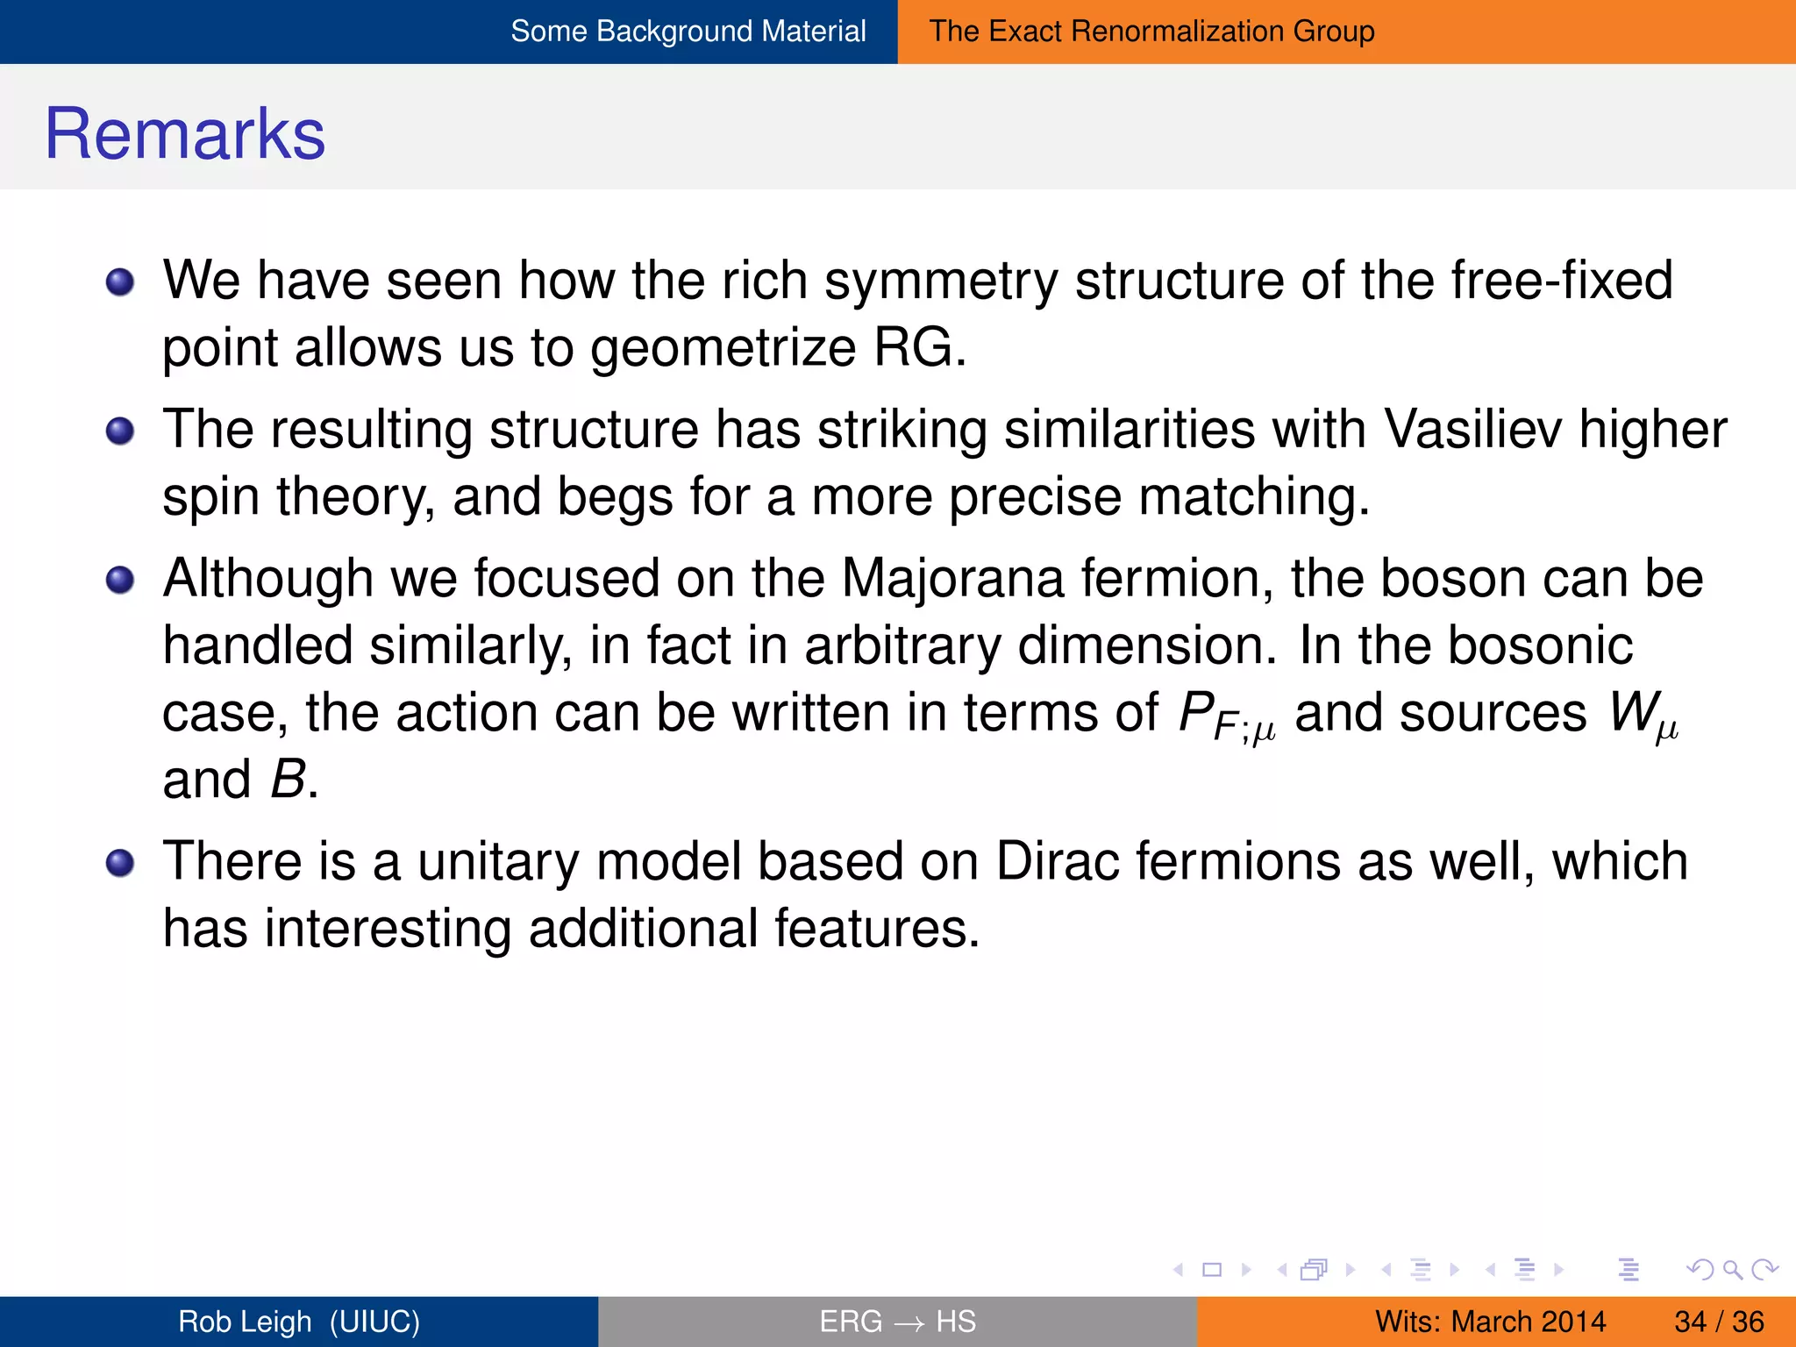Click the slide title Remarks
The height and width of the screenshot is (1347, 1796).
185,134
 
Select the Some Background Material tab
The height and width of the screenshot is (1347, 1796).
688,32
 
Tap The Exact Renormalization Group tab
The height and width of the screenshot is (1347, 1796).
1151,32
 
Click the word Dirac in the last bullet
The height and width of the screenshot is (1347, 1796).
1058,861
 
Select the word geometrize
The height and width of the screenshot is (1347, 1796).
723,349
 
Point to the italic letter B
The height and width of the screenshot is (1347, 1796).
289,779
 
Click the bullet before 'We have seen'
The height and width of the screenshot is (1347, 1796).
120,282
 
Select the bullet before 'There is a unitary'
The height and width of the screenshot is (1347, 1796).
120,863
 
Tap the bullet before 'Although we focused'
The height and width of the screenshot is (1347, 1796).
120,580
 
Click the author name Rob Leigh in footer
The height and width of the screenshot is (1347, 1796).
246,1322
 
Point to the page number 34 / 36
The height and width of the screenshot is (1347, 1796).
1719,1322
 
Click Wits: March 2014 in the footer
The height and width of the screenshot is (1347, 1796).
1490,1322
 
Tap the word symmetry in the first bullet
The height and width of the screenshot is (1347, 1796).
941,282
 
